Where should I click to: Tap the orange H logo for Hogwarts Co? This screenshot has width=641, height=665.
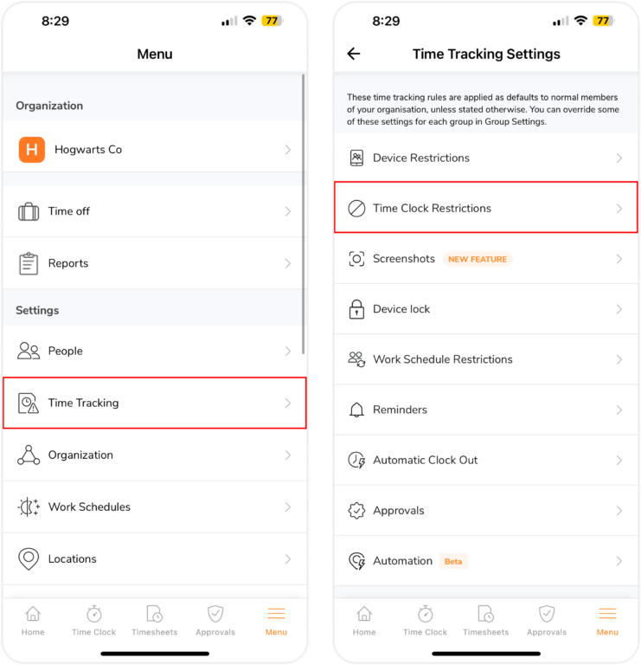pyautogui.click(x=32, y=150)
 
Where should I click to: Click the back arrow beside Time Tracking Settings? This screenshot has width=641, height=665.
pyautogui.click(x=353, y=54)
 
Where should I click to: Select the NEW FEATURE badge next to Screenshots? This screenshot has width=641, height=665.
pyautogui.click(x=478, y=259)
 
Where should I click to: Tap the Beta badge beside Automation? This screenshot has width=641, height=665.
pyautogui.click(x=453, y=561)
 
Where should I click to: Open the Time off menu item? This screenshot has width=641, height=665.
pyautogui.click(x=69, y=211)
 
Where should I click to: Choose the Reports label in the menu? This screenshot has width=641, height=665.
pyautogui.click(x=68, y=263)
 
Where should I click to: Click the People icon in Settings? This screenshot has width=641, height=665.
pyautogui.click(x=29, y=351)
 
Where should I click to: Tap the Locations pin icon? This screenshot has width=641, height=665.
pyautogui.click(x=29, y=559)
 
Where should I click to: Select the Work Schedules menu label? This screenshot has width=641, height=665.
pyautogui.click(x=89, y=507)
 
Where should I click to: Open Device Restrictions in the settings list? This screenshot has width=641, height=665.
pyautogui.click(x=421, y=158)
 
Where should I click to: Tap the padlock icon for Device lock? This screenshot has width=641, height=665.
pyautogui.click(x=356, y=309)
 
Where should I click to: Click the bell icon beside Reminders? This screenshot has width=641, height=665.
pyautogui.click(x=356, y=410)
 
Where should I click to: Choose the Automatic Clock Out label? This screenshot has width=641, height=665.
pyautogui.click(x=425, y=461)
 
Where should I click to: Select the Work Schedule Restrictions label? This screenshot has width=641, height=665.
pyautogui.click(x=442, y=359)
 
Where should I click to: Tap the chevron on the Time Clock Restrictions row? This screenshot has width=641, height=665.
pyautogui.click(x=619, y=209)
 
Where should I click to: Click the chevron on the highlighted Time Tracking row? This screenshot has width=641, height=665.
pyautogui.click(x=288, y=404)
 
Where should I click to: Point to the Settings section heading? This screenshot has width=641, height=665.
pyautogui.click(x=37, y=310)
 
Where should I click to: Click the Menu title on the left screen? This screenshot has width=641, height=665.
pyautogui.click(x=155, y=55)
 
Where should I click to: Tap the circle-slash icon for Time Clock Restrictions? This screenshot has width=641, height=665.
pyautogui.click(x=356, y=209)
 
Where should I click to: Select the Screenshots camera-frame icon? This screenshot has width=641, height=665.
pyautogui.click(x=356, y=259)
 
